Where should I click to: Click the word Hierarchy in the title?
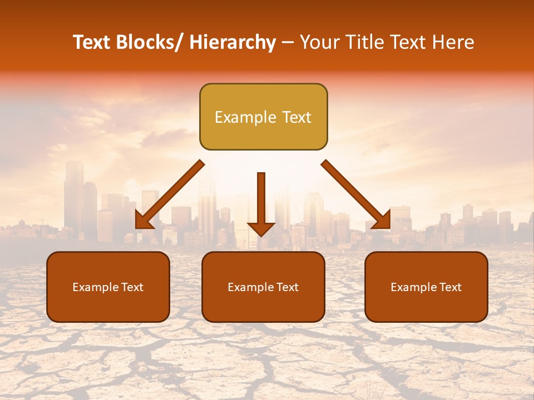(x=233, y=43)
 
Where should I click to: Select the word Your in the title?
(x=319, y=43)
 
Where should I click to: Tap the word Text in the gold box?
(x=295, y=117)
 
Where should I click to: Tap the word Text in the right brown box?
(x=450, y=287)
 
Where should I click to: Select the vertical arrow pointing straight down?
(x=261, y=203)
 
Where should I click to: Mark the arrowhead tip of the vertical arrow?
(x=261, y=235)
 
